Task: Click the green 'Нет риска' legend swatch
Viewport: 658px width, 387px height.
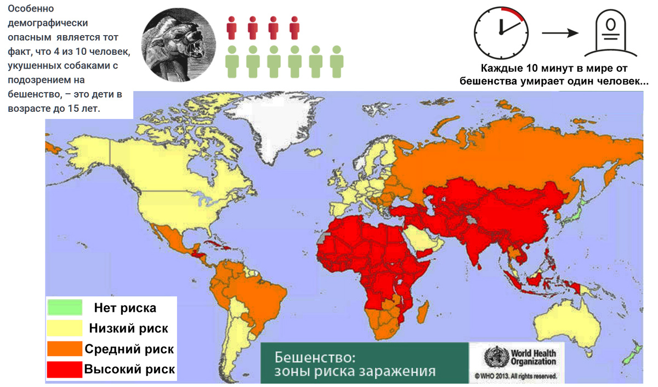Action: [x=64, y=308]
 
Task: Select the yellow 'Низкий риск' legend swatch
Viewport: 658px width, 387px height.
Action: [x=64, y=328]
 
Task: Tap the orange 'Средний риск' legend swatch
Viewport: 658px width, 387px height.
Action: [x=64, y=349]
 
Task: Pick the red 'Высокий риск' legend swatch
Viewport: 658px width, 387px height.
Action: [x=64, y=369]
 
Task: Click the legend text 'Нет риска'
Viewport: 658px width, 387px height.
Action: [x=125, y=308]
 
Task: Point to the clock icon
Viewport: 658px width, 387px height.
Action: [x=500, y=32]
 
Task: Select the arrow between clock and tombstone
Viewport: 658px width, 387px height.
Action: [x=561, y=33]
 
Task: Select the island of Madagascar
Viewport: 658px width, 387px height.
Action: [x=423, y=314]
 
